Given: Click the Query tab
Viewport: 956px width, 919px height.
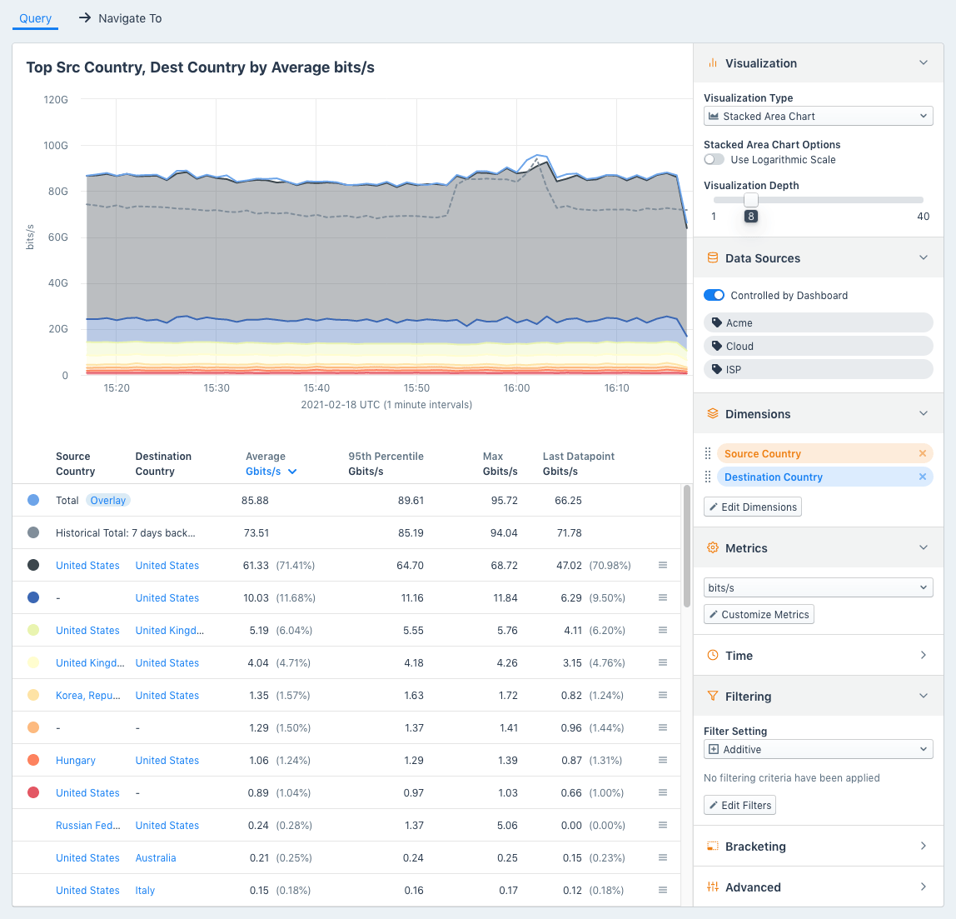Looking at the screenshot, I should [35, 18].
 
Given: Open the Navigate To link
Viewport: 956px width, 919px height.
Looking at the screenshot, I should [121, 18].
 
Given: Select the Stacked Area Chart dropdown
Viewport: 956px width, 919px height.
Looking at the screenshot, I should [818, 117].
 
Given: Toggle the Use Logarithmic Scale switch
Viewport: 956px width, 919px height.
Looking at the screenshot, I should [714, 160].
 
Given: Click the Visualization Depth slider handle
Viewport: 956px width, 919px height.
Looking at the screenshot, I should [751, 200].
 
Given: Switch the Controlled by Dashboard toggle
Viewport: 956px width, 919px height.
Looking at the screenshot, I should [714, 296].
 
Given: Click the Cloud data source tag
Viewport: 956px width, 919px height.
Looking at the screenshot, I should [739, 347].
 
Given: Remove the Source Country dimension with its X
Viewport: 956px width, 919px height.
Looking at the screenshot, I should [922, 454].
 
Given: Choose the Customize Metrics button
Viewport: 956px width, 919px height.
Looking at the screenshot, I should [759, 615].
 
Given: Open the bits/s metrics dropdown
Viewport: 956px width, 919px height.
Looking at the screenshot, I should [818, 588].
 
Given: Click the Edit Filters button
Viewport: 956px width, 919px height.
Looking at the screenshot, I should [739, 806].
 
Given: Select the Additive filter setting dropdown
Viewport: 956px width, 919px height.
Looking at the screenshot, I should [818, 750].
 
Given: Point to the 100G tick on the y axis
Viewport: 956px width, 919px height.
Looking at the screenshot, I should [56, 146].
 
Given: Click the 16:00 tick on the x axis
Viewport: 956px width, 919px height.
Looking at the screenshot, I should [516, 388].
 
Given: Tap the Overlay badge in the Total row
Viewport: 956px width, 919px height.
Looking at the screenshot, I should [108, 501].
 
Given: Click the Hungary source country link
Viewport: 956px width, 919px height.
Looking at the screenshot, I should [76, 761].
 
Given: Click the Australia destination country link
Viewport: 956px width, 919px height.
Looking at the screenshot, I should [156, 858].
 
